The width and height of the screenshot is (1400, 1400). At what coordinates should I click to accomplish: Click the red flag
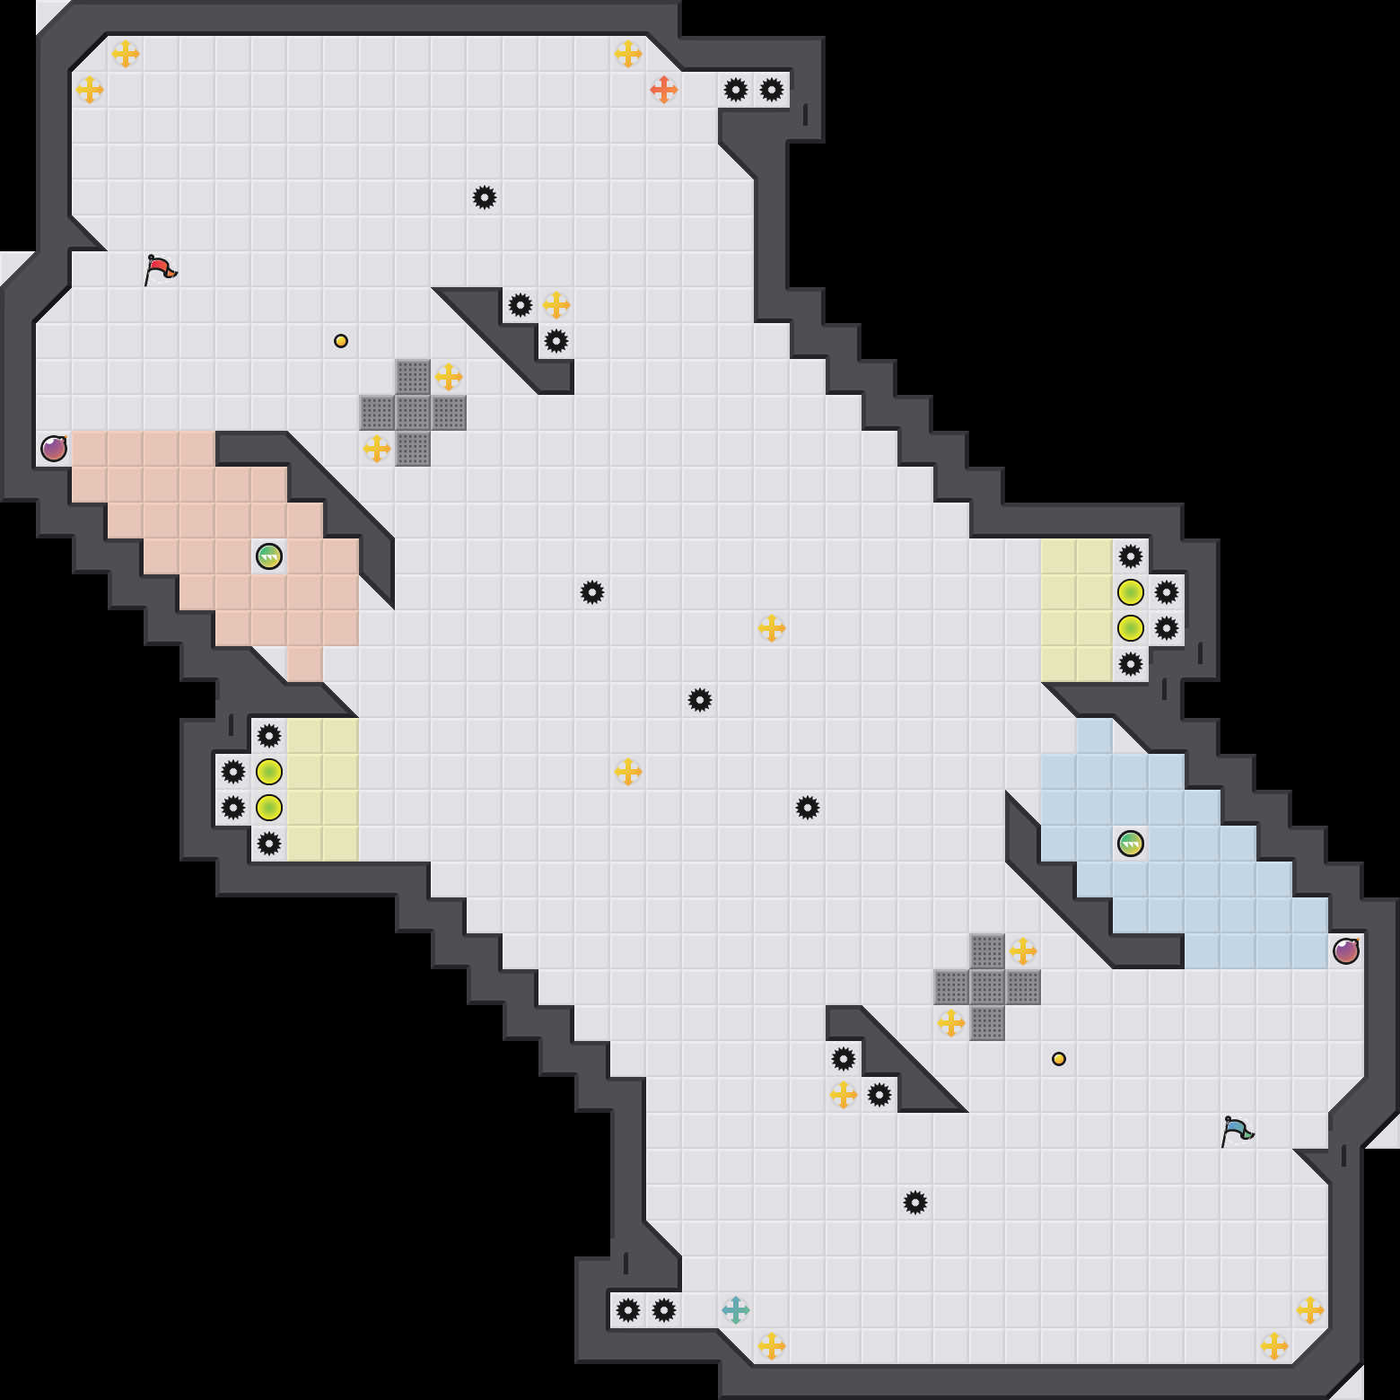pos(160,269)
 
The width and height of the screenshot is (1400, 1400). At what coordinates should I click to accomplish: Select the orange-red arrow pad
pos(663,90)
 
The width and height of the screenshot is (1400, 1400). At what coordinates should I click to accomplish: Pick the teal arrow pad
pos(736,1310)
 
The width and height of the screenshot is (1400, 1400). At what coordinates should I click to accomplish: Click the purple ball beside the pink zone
pos(54,449)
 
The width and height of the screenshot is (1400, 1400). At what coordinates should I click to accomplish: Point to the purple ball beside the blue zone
pos(1346,951)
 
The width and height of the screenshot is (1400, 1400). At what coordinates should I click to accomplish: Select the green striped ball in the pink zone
pos(269,556)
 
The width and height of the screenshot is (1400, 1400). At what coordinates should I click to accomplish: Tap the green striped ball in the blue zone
pos(1131,844)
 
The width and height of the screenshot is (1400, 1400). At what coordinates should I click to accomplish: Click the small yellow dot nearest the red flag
pos(341,341)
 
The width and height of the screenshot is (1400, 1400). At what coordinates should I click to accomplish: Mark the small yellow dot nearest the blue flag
pos(1059,1059)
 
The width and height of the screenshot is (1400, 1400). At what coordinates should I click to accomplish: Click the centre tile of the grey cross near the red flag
pos(413,413)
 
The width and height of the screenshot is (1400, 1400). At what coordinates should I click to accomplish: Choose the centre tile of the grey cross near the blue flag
pos(987,987)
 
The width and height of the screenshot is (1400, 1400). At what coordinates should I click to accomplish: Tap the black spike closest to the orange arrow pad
pos(736,90)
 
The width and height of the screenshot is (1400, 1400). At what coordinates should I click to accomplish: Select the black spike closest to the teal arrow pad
pos(664,1310)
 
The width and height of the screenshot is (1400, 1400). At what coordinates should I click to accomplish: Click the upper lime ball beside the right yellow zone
pos(1131,592)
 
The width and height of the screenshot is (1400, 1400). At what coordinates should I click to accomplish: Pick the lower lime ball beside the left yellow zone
pos(269,808)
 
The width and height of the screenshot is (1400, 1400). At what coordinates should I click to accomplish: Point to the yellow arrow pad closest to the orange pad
pos(628,54)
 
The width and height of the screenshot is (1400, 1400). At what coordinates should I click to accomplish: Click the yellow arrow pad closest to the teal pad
pos(772,1346)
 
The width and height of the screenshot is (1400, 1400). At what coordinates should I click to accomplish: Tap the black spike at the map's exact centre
pos(700,700)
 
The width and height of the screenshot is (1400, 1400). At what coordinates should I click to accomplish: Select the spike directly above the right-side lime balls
pos(1131,556)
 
